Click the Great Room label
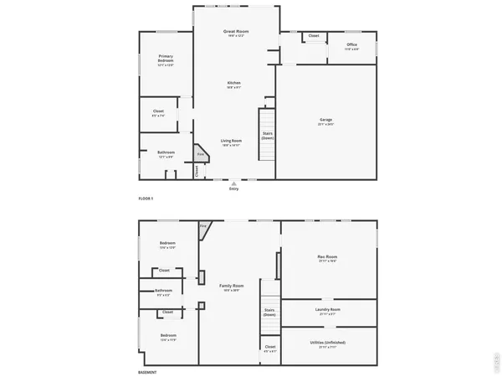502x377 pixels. point(236,32)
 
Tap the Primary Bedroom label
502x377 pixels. point(166,59)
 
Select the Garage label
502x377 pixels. point(325,120)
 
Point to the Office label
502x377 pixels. point(352,44)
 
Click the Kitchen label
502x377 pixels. point(234,83)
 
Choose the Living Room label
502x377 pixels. point(231,140)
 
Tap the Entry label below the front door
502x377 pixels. point(233,189)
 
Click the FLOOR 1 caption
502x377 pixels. point(146,199)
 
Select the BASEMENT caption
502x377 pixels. point(147,372)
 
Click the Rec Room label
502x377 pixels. point(327,256)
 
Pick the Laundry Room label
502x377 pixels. point(328,309)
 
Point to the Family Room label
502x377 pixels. point(232,287)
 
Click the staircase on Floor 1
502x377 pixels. point(266,134)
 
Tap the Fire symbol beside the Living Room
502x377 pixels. point(201,154)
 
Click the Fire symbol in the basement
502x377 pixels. point(203,226)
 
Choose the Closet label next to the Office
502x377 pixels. point(314,36)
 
